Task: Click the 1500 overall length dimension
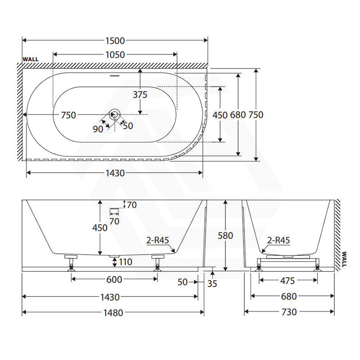pos(115,41)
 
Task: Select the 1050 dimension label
pos(115,55)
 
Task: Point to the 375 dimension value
pos(140,94)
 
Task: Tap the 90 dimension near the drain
pos(98,129)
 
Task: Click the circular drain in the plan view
pos(115,114)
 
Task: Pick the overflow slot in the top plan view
pos(115,76)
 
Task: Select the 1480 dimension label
pos(113,313)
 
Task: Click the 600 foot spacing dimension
pos(114,279)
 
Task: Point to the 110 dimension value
pos(126,262)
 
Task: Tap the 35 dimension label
pos(212,284)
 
